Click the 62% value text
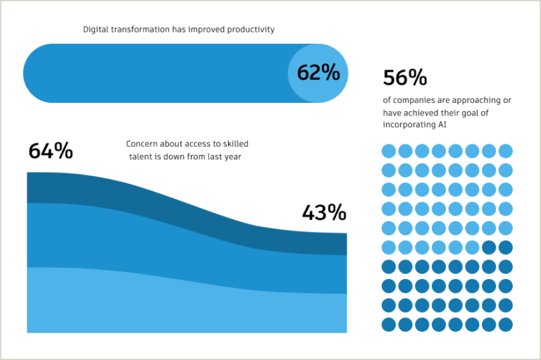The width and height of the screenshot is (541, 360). click(x=318, y=73)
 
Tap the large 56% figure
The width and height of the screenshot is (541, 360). click(x=405, y=77)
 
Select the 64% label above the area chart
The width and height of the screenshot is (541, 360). click(x=50, y=151)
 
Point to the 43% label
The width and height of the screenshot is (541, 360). click(x=324, y=212)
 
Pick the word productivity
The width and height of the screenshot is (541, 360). click(x=251, y=30)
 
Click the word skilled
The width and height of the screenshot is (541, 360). click(x=234, y=144)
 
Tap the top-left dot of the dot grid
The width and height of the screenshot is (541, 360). click(x=388, y=151)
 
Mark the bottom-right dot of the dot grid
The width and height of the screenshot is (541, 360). click(x=506, y=325)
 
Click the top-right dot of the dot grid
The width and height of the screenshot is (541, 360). click(x=506, y=151)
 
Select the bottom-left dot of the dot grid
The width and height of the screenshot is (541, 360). click(x=388, y=325)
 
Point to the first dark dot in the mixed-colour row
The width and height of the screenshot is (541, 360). click(x=489, y=247)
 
